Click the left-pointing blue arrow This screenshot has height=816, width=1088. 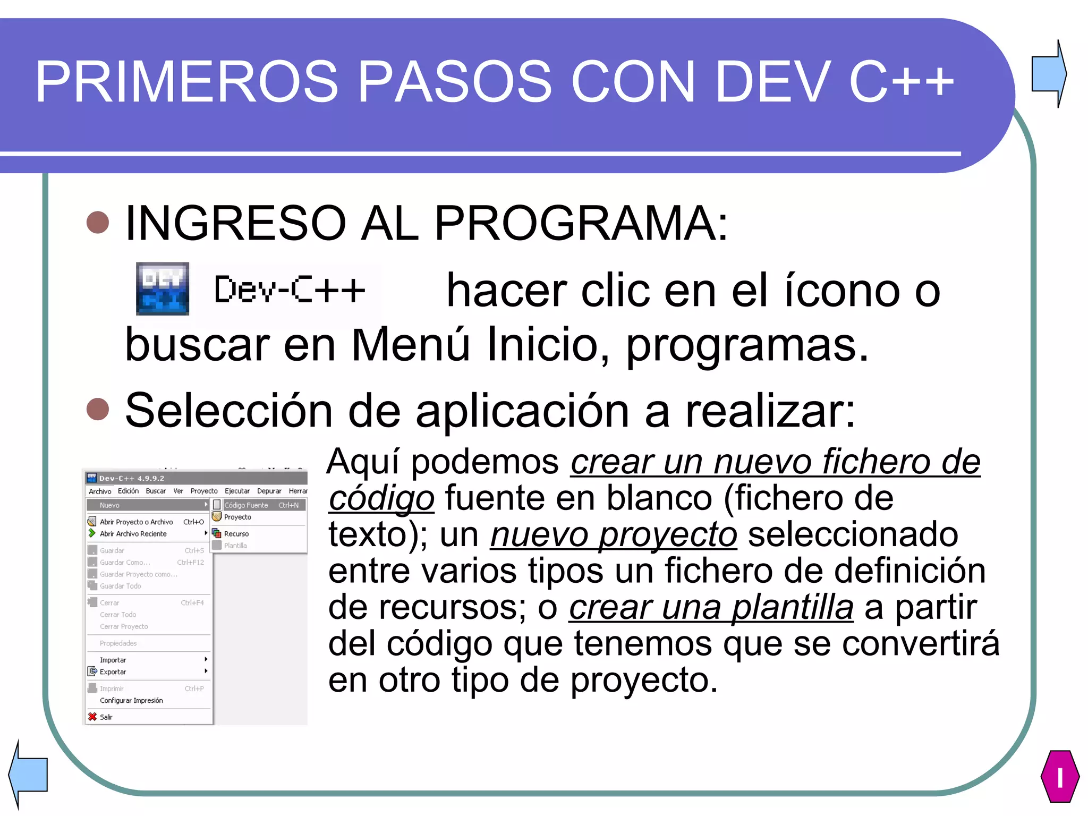29,774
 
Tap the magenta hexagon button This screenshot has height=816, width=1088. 1060,776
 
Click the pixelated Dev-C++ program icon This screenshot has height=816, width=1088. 163,288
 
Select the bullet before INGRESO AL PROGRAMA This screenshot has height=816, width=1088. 98,223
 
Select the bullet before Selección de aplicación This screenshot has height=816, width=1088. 98,409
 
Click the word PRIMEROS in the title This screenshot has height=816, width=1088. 186,81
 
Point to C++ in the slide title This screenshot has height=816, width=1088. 901,81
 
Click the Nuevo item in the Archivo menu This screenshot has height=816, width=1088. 110,505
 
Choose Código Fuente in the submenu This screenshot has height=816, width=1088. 246,505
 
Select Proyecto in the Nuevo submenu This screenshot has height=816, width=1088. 237,517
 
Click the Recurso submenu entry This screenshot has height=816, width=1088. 236,534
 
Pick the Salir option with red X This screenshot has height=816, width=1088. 106,717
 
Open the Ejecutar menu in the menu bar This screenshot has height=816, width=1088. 237,491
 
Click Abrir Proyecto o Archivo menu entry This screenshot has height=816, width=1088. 136,522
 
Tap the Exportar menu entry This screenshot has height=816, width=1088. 113,671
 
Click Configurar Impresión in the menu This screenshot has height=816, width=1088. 131,700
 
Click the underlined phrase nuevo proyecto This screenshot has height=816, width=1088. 614,534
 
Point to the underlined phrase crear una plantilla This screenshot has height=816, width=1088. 711,607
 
